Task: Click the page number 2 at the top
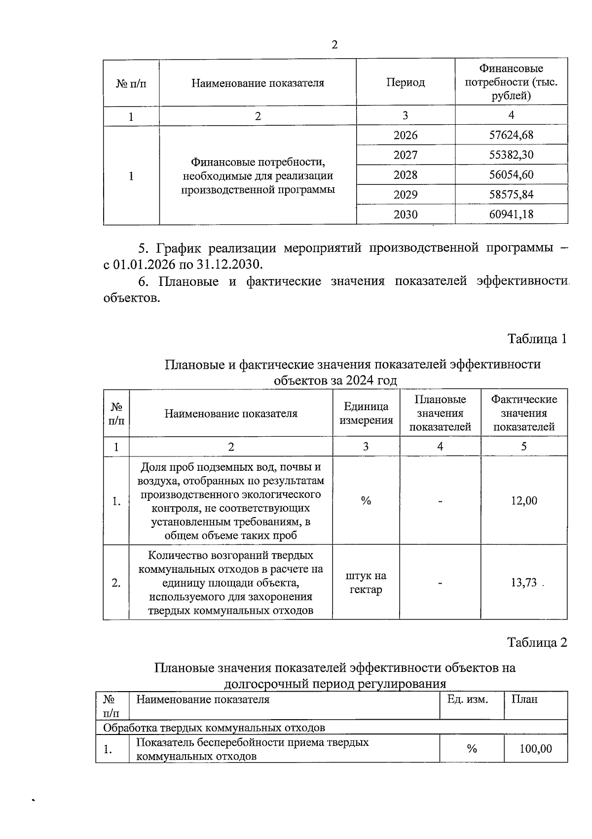(334, 45)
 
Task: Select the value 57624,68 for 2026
(511, 135)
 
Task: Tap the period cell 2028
(406, 175)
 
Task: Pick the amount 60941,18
(511, 214)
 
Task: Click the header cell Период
(406, 82)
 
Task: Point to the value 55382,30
(511, 155)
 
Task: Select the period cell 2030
(406, 214)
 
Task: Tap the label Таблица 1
(537, 339)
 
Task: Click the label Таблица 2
(537, 642)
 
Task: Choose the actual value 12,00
(524, 501)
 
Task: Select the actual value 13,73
(524, 583)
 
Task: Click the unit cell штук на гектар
(366, 583)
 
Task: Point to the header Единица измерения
(366, 413)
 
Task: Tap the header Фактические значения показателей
(524, 413)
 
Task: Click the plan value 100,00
(536, 749)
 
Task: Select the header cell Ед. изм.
(467, 699)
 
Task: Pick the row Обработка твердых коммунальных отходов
(214, 728)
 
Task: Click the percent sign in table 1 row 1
(366, 501)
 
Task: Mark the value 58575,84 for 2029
(511, 195)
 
